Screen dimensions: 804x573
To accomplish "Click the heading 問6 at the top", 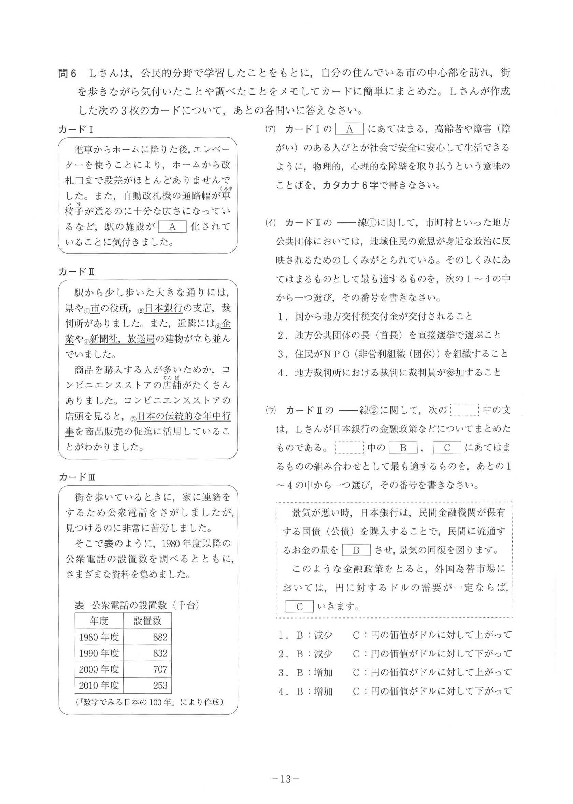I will coord(67,74).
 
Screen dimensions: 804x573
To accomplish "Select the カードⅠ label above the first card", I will coord(75,130).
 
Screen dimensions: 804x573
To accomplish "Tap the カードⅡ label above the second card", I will coord(76,271).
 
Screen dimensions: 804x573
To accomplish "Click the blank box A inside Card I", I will coord(172,227).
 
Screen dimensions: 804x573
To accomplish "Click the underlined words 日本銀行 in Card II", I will coord(164,308).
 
